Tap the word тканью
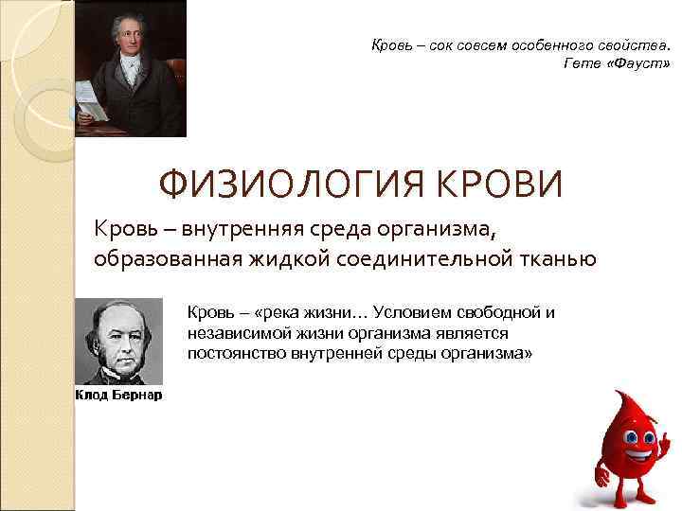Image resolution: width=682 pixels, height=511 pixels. point(559,257)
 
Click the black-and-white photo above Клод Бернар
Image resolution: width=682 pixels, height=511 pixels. point(119,342)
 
